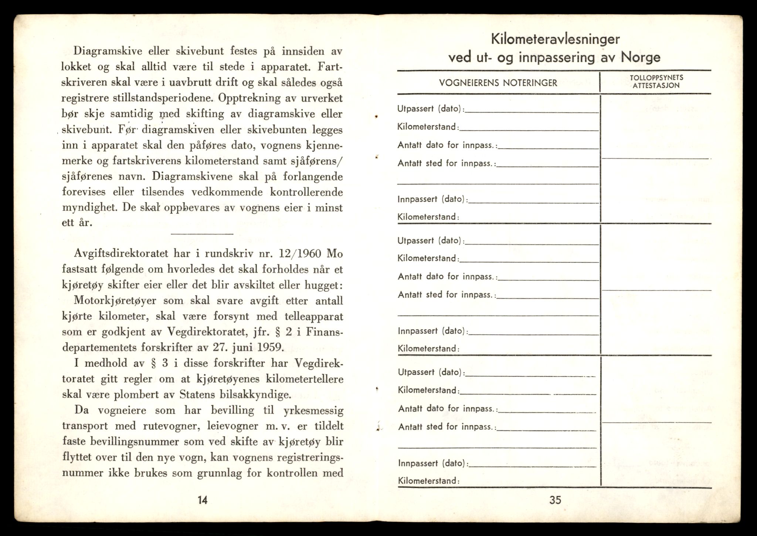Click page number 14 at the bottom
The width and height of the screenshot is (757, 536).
click(203, 500)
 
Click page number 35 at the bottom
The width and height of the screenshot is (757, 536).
click(555, 500)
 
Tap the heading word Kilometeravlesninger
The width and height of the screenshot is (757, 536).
click(555, 39)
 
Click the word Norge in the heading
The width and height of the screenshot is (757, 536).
click(641, 57)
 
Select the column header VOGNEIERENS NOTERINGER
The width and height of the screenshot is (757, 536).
click(498, 83)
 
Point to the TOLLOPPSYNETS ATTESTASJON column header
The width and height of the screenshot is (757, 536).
click(656, 81)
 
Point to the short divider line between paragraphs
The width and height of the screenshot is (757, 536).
click(202, 234)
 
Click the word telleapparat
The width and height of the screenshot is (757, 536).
click(314, 316)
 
